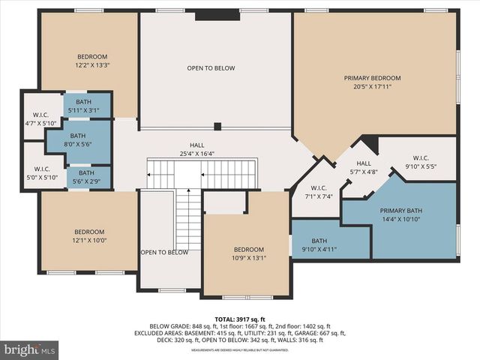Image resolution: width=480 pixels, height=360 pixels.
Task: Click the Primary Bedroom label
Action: pos(372,78)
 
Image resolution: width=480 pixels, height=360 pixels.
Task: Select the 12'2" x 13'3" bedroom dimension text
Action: pos(92,65)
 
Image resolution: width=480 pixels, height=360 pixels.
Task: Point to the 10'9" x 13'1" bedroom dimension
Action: pos(248,258)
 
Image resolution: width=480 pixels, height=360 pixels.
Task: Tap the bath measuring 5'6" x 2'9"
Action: pos(86,177)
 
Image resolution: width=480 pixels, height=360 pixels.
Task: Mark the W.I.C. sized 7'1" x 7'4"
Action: pos(318,192)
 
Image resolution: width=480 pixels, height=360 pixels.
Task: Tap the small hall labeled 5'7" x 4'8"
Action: pos(364,167)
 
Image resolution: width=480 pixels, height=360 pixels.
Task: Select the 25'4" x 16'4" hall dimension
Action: pos(197,154)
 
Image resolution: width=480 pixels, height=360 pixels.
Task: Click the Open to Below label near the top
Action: pos(211,68)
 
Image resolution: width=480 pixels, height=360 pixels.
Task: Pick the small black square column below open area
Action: pos(217,126)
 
